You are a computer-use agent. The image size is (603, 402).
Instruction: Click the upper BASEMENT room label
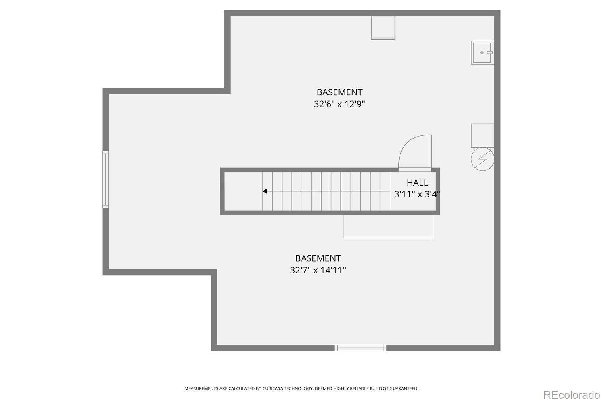click(339, 92)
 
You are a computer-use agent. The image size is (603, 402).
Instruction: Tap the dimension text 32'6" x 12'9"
click(339, 104)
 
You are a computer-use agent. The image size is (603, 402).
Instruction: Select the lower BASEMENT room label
click(318, 258)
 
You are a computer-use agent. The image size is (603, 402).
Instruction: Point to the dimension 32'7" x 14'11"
click(318, 270)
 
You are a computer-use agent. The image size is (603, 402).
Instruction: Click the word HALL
click(417, 183)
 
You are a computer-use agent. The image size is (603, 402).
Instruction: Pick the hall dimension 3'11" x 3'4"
click(417, 195)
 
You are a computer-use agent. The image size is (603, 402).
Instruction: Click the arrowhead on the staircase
click(265, 191)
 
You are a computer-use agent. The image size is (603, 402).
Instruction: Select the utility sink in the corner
click(482, 53)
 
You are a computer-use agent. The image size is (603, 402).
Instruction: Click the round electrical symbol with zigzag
click(482, 159)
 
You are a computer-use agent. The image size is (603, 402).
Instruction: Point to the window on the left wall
click(105, 179)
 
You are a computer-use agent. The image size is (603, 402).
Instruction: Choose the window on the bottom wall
click(360, 348)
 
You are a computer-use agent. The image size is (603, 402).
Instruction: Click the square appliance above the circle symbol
click(482, 135)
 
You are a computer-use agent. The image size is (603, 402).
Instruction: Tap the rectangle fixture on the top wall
click(383, 28)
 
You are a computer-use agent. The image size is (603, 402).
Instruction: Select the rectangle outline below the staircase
click(388, 226)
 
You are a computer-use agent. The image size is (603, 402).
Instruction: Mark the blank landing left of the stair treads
click(243, 191)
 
